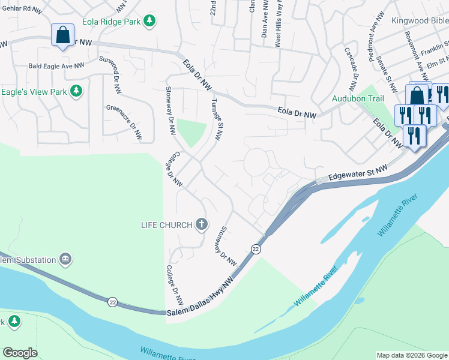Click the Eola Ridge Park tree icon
click(x=149, y=21)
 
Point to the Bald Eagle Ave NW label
click(x=56, y=66)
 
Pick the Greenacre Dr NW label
click(x=124, y=123)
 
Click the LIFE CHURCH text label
click(x=166, y=225)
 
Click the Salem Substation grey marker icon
click(x=65, y=259)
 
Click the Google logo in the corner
click(x=20, y=353)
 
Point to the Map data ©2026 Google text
click(x=412, y=355)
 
